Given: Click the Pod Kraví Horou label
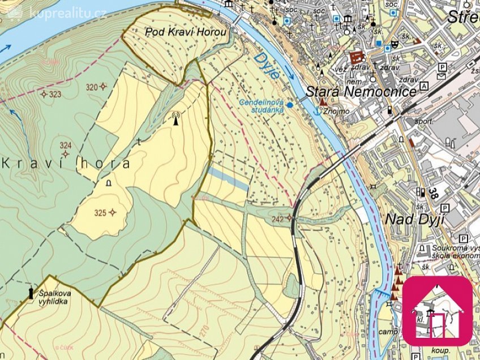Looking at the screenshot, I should [x=186, y=32].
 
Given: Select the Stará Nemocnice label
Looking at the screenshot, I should [x=361, y=91].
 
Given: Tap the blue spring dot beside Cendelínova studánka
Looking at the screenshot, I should [x=290, y=105].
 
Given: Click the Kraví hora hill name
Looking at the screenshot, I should [x=66, y=164].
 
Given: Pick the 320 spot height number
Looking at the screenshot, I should [x=91, y=87].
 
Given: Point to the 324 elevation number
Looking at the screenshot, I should [x=66, y=145].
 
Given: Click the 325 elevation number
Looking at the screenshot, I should [x=100, y=213].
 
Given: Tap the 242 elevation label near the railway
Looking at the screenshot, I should [x=277, y=218].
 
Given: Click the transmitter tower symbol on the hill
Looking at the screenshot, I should [x=175, y=118].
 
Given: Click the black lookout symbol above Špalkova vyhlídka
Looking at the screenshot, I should [x=31, y=293].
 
